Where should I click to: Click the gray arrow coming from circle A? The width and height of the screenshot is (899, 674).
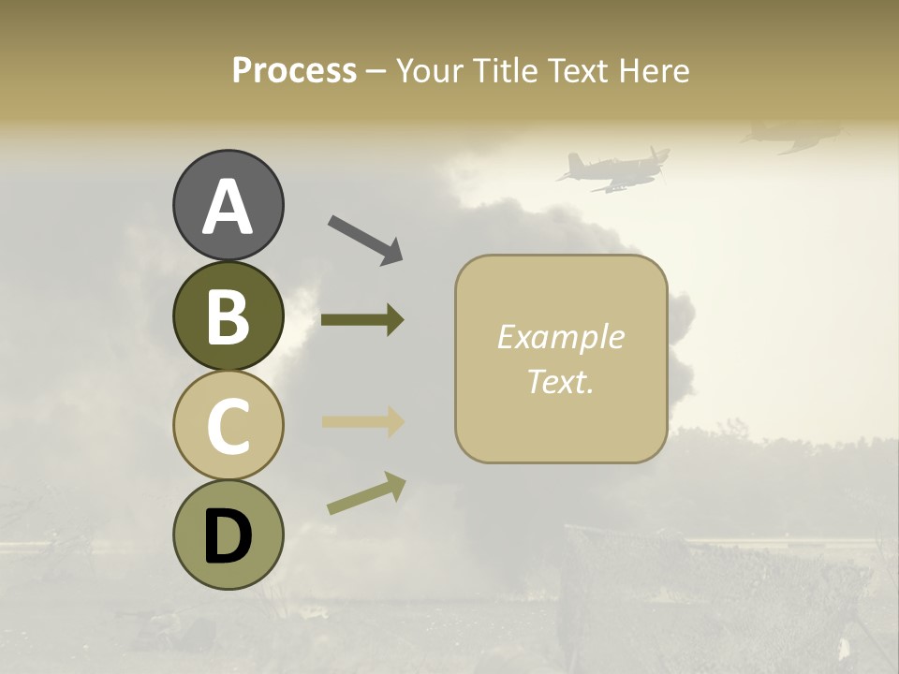pos(365,239)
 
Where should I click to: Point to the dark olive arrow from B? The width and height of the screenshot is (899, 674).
pos(362,320)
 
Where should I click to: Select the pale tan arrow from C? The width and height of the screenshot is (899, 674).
pos(362,422)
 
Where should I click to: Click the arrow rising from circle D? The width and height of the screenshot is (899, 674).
pos(366,493)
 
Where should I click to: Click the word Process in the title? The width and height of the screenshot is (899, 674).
pos(294,70)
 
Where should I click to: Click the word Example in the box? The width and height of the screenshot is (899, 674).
pos(560,337)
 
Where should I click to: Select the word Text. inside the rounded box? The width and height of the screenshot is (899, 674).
pos(560,381)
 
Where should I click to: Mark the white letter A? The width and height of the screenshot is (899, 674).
pos(228,207)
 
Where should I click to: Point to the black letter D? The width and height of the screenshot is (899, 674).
pos(228,536)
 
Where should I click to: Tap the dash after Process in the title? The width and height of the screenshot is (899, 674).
pos(376,71)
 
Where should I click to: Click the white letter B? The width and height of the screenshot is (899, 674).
pos(228,317)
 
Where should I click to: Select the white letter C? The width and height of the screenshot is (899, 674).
pos(228,427)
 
